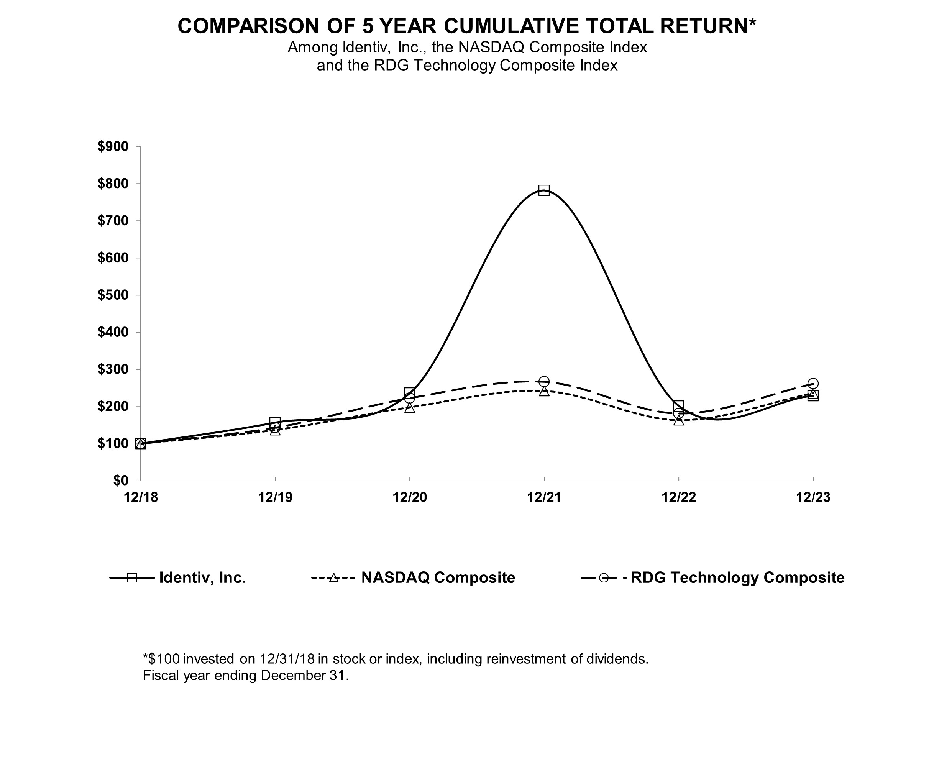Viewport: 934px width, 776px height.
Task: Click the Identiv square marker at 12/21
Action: pyautogui.click(x=543, y=190)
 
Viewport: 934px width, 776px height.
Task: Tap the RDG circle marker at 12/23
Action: pyautogui.click(x=813, y=383)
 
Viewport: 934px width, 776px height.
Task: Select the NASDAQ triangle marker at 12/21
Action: pyautogui.click(x=543, y=391)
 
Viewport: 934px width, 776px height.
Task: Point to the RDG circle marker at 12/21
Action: pyautogui.click(x=543, y=382)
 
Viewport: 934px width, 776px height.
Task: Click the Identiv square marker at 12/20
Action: pyautogui.click(x=409, y=393)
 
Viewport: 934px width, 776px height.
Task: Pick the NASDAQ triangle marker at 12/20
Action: pyautogui.click(x=409, y=408)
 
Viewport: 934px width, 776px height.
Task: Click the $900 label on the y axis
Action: pyautogui.click(x=113, y=146)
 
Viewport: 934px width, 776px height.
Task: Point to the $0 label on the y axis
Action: pyautogui.click(x=120, y=480)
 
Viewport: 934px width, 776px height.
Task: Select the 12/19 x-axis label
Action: pyautogui.click(x=275, y=497)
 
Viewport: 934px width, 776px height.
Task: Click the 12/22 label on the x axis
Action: pyautogui.click(x=678, y=497)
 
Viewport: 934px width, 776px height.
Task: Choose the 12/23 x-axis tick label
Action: pyautogui.click(x=813, y=497)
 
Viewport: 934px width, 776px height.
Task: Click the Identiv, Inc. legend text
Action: pyautogui.click(x=202, y=577)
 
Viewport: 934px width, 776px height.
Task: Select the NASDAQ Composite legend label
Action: pyautogui.click(x=438, y=577)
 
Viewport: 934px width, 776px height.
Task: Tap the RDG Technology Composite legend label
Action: pyautogui.click(x=737, y=577)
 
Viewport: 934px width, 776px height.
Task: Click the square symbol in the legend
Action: pyautogui.click(x=132, y=577)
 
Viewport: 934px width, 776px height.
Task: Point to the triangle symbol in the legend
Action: pyautogui.click(x=333, y=577)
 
